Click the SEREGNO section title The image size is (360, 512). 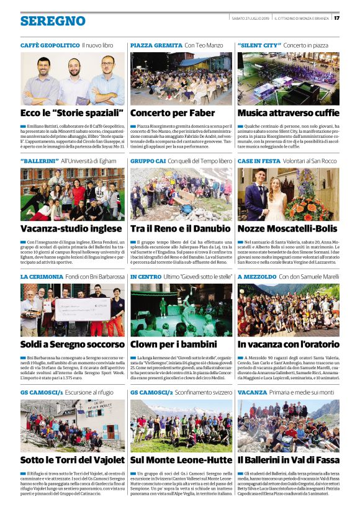(53, 21)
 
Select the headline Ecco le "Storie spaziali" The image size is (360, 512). (72, 113)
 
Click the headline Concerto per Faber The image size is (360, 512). (171, 113)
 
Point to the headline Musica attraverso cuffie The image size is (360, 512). (288, 113)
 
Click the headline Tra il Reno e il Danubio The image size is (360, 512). (180, 228)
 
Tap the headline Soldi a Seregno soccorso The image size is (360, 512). (72, 343)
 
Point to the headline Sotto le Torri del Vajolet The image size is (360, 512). (72, 460)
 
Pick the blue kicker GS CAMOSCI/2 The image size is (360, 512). (151, 392)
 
